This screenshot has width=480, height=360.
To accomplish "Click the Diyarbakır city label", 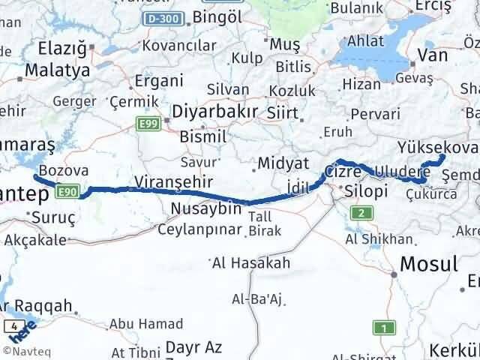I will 216,112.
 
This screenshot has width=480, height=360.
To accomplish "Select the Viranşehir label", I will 174,181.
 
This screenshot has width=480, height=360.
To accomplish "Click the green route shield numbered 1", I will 385,327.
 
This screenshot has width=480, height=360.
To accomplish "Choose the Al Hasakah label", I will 250,263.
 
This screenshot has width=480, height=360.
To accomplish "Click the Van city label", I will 433,55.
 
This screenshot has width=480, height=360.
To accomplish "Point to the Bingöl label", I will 218,16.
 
